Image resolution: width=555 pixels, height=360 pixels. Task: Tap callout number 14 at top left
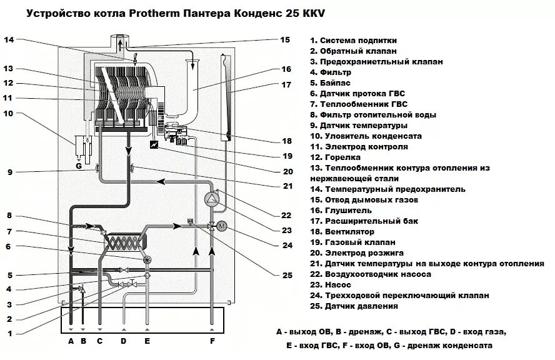pyautogui.click(x=8, y=40)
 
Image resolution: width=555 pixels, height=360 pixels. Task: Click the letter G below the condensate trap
pyautogui.click(x=78, y=166)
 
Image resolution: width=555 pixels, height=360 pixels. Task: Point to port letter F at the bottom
pyautogui.click(x=213, y=341)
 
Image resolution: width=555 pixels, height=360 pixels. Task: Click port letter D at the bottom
pyautogui.click(x=124, y=341)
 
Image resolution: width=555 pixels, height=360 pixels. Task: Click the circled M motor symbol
pyautogui.click(x=221, y=226)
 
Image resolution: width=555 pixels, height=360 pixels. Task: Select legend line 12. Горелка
pyautogui.click(x=337, y=157)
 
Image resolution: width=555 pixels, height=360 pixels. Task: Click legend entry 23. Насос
pyautogui.click(x=331, y=284)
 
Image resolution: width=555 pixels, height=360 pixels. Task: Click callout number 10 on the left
pyautogui.click(x=8, y=114)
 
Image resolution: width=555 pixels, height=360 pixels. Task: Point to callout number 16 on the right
pyautogui.click(x=287, y=69)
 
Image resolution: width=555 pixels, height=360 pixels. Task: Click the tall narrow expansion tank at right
pyautogui.click(x=226, y=97)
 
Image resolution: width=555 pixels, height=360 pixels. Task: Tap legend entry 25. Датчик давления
pyautogui.click(x=353, y=306)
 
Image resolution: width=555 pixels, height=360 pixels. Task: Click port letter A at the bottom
pyautogui.click(x=71, y=341)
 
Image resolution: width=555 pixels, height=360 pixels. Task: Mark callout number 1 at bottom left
pyautogui.click(x=8, y=332)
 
